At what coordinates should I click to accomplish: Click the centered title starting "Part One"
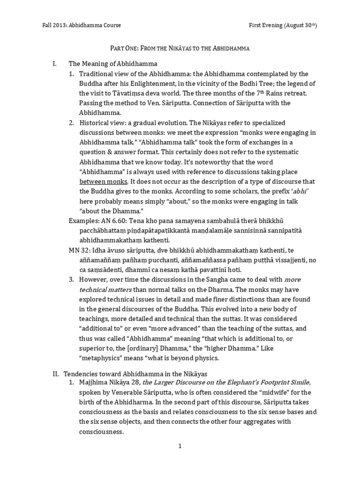tap(180, 48)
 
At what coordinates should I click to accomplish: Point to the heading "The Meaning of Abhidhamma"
tap(106, 63)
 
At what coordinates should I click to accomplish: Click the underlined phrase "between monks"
tap(98, 181)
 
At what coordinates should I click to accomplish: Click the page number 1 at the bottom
tap(180, 446)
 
